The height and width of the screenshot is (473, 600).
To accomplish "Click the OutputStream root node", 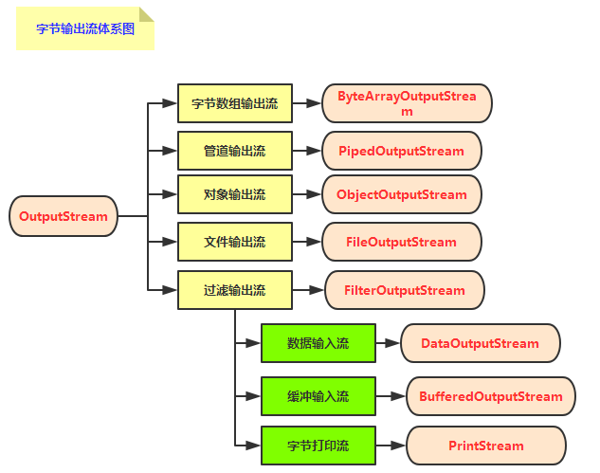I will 64,216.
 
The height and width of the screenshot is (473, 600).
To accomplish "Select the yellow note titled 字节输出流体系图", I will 85,28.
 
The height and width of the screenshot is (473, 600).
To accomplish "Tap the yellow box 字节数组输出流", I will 235,103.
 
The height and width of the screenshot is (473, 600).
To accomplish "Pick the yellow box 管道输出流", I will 235,151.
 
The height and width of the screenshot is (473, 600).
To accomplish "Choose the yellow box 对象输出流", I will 235,194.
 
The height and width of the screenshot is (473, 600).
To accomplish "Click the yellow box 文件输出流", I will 235,242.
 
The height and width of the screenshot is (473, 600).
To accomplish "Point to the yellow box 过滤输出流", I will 235,290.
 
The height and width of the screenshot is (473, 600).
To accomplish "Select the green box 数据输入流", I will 318,343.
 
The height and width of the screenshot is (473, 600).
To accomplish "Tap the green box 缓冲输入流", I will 318,396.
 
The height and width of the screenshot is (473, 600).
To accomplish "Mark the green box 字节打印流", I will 318,445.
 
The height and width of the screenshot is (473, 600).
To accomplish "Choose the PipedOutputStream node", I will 401,151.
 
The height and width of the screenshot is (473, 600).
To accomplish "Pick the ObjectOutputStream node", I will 401,194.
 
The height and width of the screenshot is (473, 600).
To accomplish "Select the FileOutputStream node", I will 401,242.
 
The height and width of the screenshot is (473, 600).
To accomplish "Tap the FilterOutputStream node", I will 405,290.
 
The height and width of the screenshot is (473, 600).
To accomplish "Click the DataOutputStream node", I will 480,343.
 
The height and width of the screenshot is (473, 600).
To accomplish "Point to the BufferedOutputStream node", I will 491,396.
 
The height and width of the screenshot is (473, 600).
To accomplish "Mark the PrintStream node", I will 485,446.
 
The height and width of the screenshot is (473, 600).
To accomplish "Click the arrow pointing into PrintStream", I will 391,445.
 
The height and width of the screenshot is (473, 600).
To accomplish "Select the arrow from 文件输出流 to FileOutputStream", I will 306,242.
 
